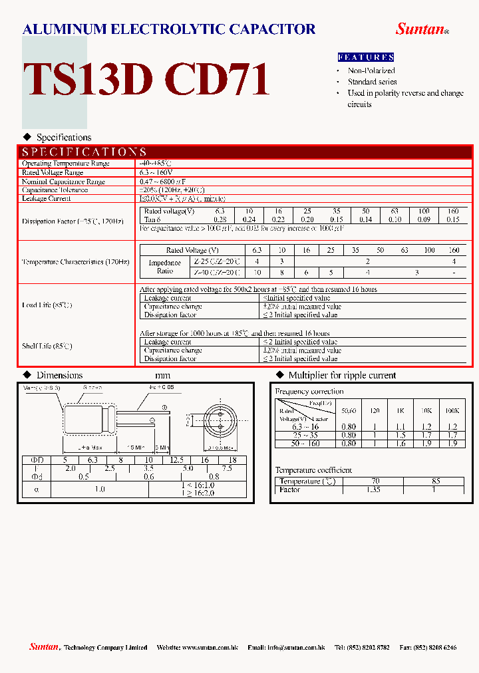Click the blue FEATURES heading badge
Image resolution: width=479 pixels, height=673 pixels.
[x=366, y=57]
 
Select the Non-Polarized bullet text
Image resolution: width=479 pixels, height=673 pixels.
[x=371, y=70]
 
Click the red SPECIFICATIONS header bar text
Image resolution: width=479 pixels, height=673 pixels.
[x=84, y=152]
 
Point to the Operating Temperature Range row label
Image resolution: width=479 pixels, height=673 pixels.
[x=65, y=164]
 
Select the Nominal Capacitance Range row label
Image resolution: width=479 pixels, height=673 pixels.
[x=63, y=182]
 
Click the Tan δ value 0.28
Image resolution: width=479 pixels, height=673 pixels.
[x=220, y=219]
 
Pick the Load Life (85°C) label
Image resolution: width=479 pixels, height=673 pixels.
[x=47, y=305]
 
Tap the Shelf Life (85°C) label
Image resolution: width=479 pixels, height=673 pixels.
[x=47, y=346]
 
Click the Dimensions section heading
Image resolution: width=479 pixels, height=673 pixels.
[x=59, y=376]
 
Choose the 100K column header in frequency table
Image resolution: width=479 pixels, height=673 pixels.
[x=452, y=411]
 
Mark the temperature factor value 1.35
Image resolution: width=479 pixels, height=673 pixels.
[x=373, y=489]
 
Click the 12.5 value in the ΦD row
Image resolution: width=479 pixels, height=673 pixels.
[x=176, y=460]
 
